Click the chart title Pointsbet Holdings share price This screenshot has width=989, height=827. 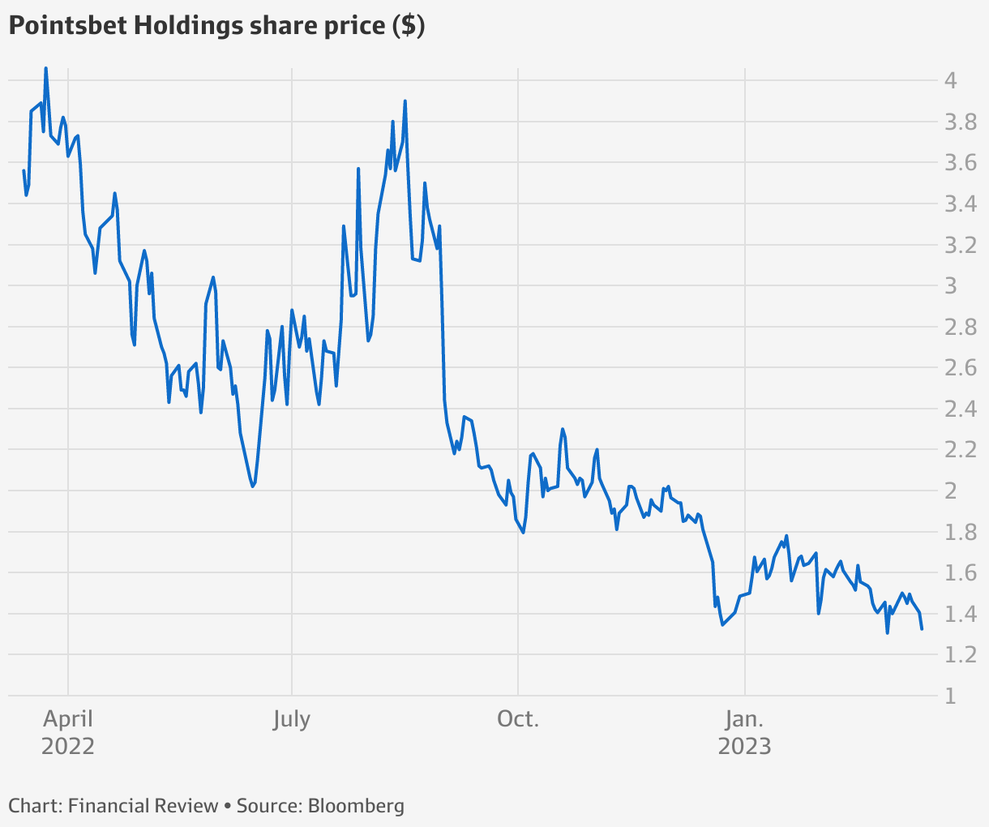point(216,26)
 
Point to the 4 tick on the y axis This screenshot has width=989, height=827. point(951,80)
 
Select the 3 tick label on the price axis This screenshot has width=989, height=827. point(951,286)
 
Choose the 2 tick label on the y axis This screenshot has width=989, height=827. point(951,491)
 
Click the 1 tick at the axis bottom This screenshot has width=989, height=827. point(950,696)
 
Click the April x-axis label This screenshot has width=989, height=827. point(68,719)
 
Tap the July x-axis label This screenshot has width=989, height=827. point(291,719)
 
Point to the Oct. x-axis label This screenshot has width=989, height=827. point(517,719)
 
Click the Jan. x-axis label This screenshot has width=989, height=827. point(744,719)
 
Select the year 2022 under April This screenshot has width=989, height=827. point(68,746)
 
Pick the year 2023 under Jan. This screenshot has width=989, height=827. point(744,746)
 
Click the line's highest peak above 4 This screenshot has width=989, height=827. point(45,68)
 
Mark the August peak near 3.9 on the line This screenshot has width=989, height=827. point(405,101)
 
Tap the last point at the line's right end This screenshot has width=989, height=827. point(922,628)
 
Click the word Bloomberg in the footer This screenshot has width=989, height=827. point(356,806)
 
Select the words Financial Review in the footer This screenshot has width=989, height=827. point(143,806)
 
